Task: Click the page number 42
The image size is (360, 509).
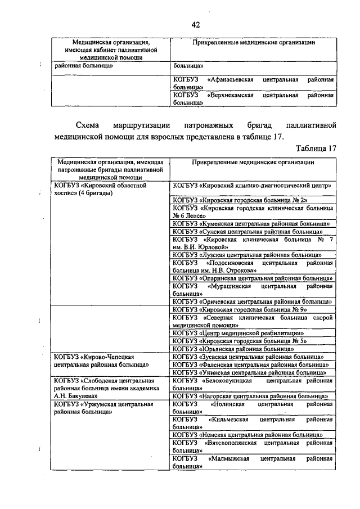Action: [195, 24]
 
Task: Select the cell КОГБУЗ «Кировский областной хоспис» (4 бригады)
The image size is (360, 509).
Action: [100, 188]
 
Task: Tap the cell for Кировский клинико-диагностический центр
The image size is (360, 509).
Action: [251, 185]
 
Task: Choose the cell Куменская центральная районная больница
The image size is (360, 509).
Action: [251, 223]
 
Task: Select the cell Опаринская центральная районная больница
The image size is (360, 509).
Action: [251, 278]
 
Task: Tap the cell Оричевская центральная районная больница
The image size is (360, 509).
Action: [251, 301]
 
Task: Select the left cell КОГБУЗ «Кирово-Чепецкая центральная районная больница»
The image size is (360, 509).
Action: [100, 361]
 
